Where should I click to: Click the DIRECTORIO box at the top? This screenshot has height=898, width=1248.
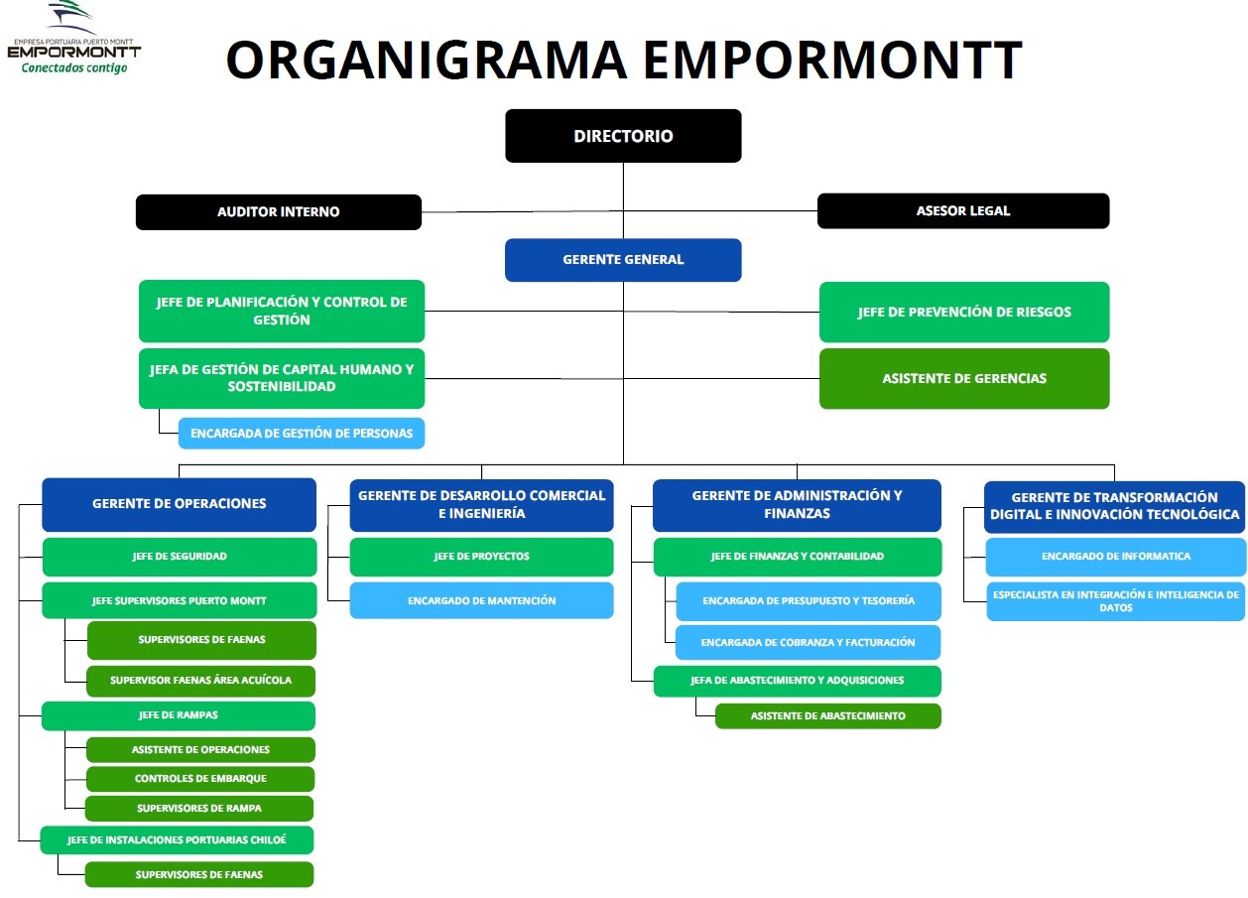[623, 136]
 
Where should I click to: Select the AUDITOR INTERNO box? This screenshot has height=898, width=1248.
[279, 211]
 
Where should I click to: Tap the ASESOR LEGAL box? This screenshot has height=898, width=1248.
[963, 210]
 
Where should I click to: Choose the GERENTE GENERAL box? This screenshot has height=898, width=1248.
[623, 260]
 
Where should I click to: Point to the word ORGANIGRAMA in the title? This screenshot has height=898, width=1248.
[428, 60]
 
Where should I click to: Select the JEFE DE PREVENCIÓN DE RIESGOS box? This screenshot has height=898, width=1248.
[964, 313]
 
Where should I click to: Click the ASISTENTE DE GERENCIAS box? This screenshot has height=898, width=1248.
[964, 378]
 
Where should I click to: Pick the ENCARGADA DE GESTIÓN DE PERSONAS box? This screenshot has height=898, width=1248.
[302, 434]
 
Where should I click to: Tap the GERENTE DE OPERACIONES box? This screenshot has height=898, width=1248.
[180, 504]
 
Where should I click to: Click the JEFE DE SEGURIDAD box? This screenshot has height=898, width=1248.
[180, 557]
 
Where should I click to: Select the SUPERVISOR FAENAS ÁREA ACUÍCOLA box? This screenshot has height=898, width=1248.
[201, 681]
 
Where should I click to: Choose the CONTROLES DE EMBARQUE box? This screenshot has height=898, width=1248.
[200, 778]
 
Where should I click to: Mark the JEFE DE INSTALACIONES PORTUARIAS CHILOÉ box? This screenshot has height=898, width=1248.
[177, 839]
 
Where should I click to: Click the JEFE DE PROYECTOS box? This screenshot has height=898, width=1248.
[482, 557]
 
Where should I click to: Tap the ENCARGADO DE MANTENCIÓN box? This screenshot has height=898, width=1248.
[482, 600]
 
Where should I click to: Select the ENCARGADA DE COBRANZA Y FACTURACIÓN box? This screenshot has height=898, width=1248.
[809, 642]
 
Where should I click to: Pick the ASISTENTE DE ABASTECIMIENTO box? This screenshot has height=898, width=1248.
[828, 715]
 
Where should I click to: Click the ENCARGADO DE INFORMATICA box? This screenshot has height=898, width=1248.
[1116, 557]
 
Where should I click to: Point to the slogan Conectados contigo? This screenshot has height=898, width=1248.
[74, 67]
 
